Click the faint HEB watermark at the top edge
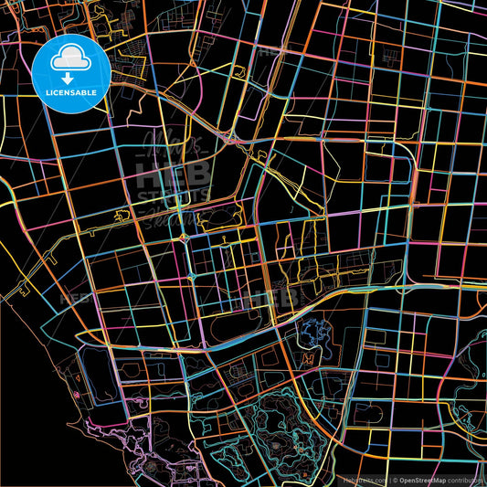coord(270,51)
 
